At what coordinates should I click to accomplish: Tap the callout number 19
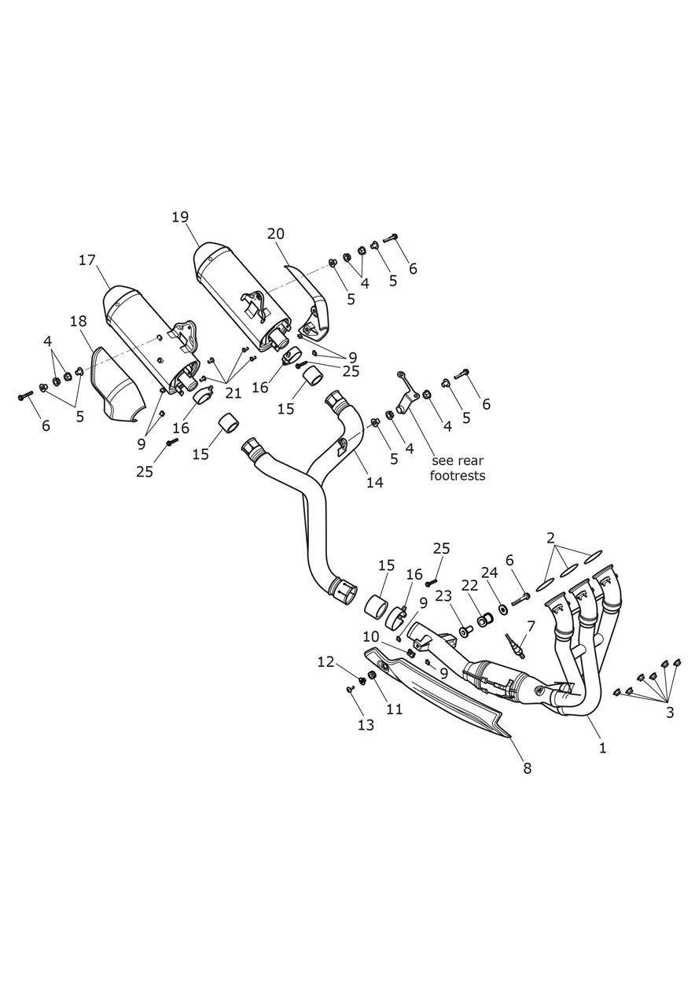coord(180,217)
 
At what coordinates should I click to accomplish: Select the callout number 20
coord(275,234)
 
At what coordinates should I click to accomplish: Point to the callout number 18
coord(78,321)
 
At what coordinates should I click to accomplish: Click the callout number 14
coord(374,482)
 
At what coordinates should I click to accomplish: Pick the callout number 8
coord(527,768)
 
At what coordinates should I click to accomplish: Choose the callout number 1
coord(602,748)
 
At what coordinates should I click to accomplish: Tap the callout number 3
coord(669,712)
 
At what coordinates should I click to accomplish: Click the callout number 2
coord(551,538)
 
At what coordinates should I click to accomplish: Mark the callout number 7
coord(531,626)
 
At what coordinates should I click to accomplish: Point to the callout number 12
coord(326,662)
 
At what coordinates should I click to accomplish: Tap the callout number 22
coord(469,586)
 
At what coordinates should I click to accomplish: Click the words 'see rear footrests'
coord(458,468)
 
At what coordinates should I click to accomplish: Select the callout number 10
coord(371,635)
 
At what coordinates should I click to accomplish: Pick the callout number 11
coord(394,709)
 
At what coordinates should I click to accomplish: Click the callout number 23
coord(443,595)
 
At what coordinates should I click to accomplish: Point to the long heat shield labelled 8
coord(440,696)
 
